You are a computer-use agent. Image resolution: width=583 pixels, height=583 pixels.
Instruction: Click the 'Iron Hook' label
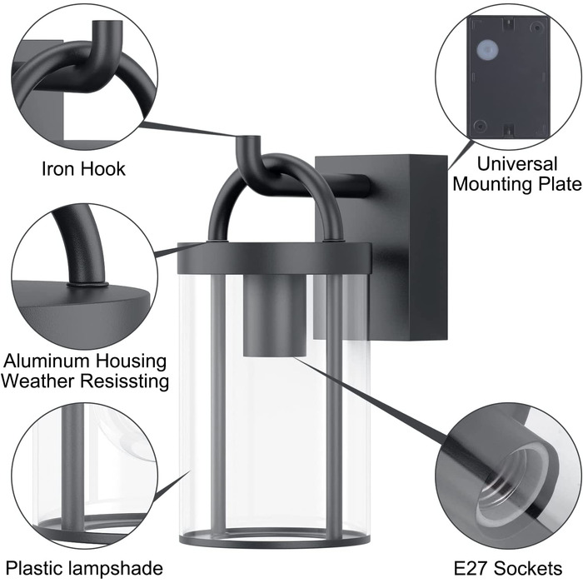click(x=83, y=169)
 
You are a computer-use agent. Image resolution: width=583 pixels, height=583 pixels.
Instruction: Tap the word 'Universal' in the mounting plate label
click(x=517, y=164)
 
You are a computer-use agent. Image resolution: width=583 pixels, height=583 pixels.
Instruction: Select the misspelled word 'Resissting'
click(x=125, y=381)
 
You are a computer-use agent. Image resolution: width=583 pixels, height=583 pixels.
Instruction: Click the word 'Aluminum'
click(x=46, y=361)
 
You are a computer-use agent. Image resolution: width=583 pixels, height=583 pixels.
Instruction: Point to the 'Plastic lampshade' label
click(x=84, y=569)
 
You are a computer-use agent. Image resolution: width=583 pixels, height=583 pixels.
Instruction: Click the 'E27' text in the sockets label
click(x=471, y=569)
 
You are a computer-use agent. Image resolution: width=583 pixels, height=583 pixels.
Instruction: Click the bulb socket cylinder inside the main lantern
click(x=275, y=316)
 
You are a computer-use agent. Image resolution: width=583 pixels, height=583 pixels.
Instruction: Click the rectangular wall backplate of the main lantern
click(x=381, y=248)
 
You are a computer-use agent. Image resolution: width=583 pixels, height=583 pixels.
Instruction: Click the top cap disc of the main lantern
click(x=274, y=258)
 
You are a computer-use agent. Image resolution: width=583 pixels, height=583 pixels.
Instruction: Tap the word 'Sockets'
click(x=528, y=569)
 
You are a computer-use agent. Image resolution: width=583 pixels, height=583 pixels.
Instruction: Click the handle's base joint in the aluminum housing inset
click(x=87, y=285)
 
